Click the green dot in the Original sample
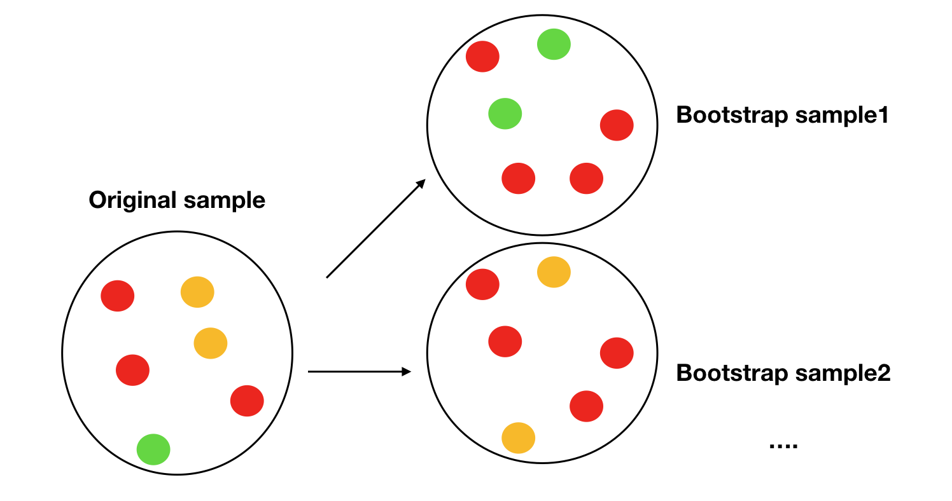pos(153,450)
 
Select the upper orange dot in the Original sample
pos(197,292)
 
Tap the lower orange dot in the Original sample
pos(211,343)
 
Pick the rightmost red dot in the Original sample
pos(247,401)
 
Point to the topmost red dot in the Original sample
pos(117,296)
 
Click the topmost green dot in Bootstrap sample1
pos(554,44)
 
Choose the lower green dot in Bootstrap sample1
pos(505,114)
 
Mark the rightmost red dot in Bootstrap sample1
pos(617,125)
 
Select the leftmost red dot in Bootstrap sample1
pos(482,57)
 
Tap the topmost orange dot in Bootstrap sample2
pos(554,272)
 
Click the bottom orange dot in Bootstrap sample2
pos(518,437)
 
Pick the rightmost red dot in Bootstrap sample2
pos(617,353)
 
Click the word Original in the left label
pos(132,200)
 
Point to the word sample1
pos(842,116)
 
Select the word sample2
pos(843,374)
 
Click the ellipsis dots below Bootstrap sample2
pos(783,446)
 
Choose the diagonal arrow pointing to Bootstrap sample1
pos(376,228)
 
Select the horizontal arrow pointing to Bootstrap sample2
pos(360,372)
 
